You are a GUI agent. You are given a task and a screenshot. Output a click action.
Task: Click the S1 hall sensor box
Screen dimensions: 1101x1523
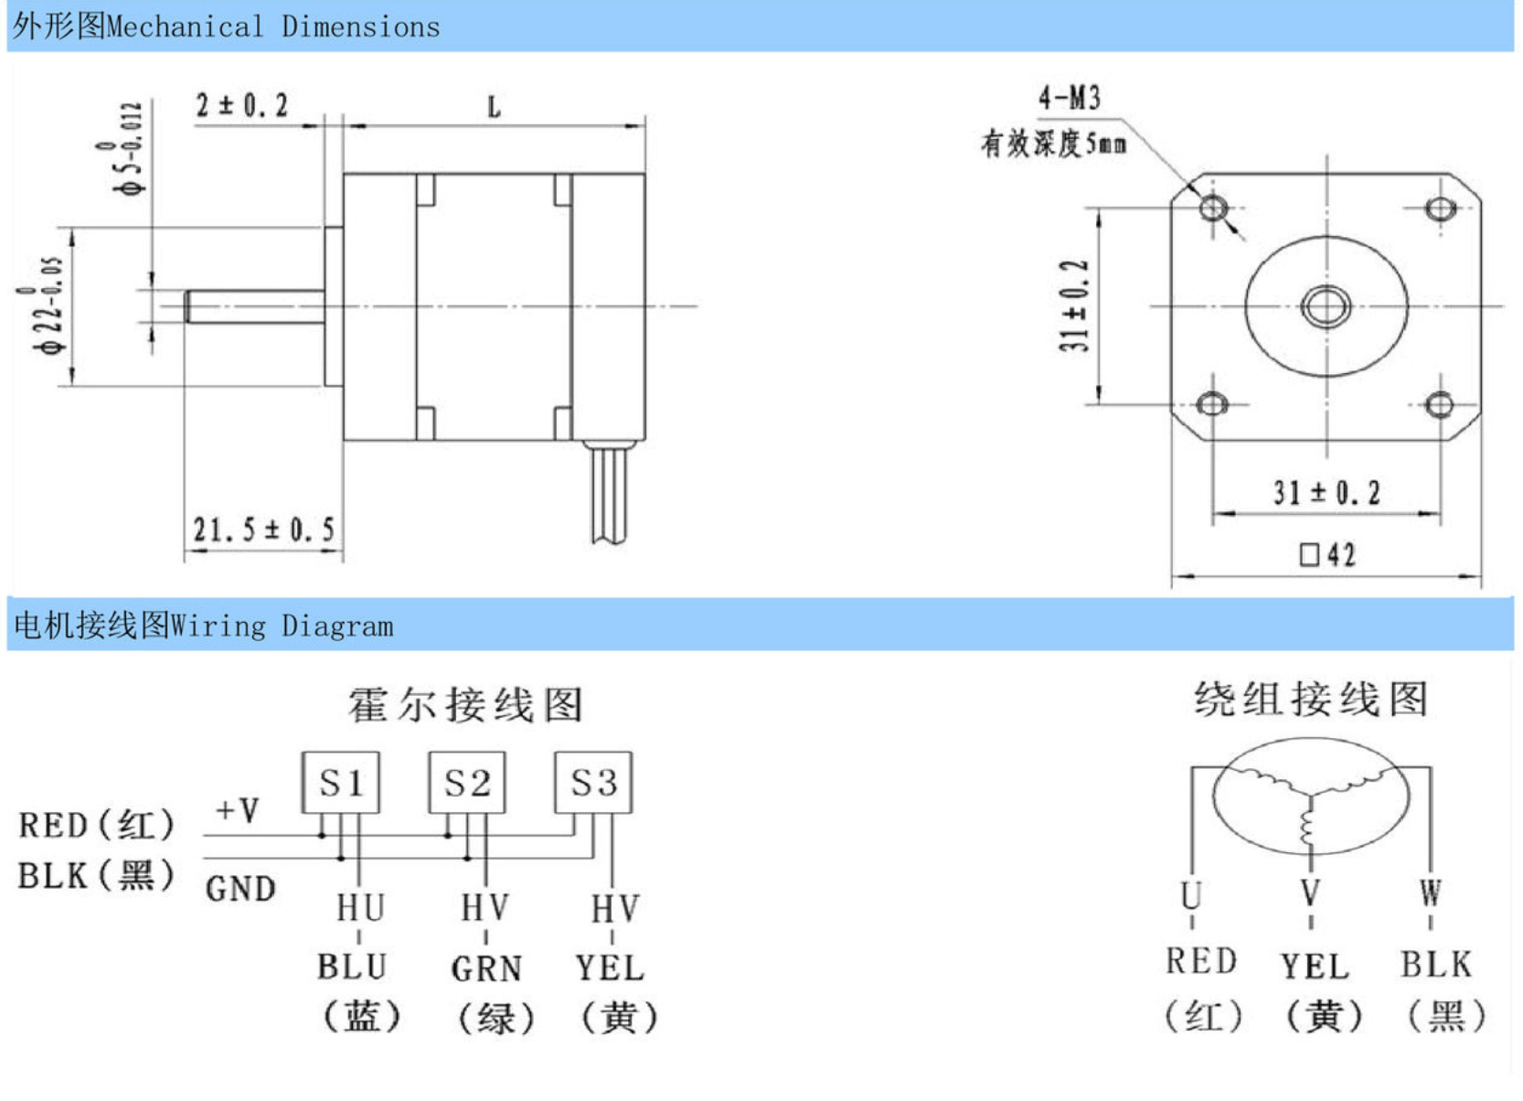point(340,783)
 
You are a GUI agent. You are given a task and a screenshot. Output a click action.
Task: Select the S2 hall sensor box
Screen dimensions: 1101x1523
point(467,783)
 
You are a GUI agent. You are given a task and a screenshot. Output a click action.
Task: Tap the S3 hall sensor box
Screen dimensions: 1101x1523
point(593,783)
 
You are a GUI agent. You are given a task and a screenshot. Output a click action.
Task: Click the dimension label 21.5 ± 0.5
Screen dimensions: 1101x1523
point(263,529)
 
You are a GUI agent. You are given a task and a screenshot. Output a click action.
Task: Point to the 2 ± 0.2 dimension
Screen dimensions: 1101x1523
point(241,105)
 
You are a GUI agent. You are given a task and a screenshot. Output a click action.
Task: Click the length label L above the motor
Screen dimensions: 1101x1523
point(494,108)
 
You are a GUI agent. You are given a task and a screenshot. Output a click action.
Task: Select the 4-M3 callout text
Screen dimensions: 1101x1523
point(1069,97)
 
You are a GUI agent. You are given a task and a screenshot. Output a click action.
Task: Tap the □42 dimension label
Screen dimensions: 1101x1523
point(1327,554)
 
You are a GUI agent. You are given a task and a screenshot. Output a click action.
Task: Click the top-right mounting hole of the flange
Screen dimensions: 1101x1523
point(1441,209)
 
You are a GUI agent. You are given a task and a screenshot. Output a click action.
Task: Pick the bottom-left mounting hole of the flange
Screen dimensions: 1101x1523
point(1212,403)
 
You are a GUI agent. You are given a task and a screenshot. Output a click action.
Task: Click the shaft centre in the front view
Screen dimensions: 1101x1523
point(1326,305)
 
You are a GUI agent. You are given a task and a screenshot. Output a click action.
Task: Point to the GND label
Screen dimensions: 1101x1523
point(240,888)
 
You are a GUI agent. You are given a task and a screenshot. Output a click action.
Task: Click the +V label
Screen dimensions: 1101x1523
point(238,809)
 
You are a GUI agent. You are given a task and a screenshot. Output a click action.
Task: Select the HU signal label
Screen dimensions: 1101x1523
point(360,908)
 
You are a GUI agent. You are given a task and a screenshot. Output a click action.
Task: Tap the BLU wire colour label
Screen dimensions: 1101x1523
point(352,967)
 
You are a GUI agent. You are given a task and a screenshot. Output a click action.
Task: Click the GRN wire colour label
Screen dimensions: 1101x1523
point(486,968)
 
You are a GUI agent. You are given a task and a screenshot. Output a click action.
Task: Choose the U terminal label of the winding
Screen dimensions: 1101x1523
point(1190,894)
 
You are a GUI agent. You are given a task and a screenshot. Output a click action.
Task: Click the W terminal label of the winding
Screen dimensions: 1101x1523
point(1431,893)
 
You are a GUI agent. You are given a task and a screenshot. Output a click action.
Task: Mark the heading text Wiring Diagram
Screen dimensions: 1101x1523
point(282,626)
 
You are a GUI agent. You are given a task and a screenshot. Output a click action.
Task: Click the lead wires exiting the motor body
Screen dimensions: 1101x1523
point(609,494)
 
